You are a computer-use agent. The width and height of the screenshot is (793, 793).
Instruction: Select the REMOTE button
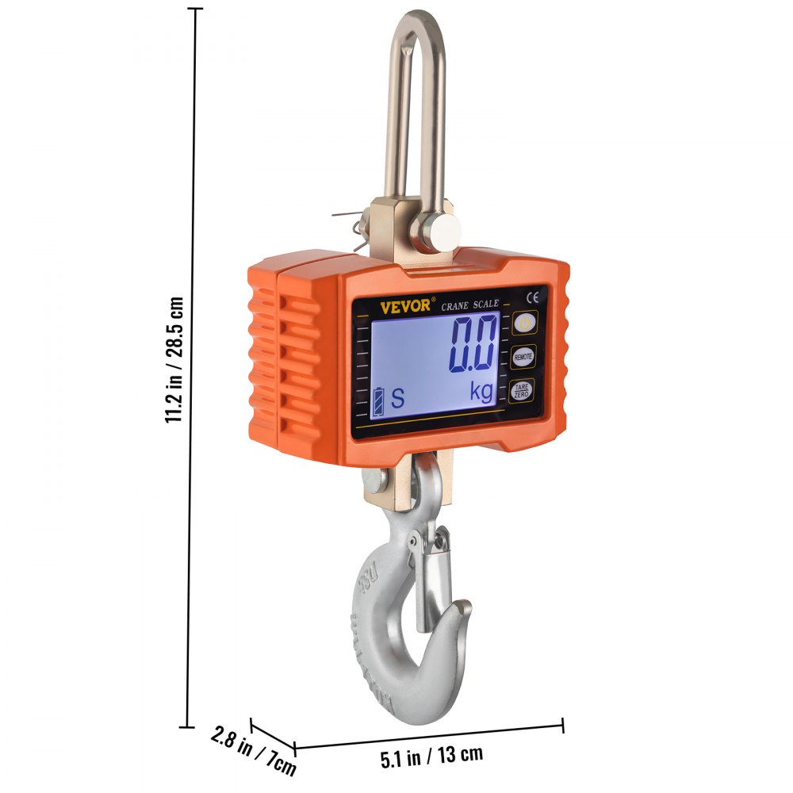(523, 358)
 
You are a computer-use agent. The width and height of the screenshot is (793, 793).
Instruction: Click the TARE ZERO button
(522, 390)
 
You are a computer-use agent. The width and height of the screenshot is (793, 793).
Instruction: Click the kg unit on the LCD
(481, 393)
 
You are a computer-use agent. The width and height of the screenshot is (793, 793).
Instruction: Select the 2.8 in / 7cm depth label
(254, 749)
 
